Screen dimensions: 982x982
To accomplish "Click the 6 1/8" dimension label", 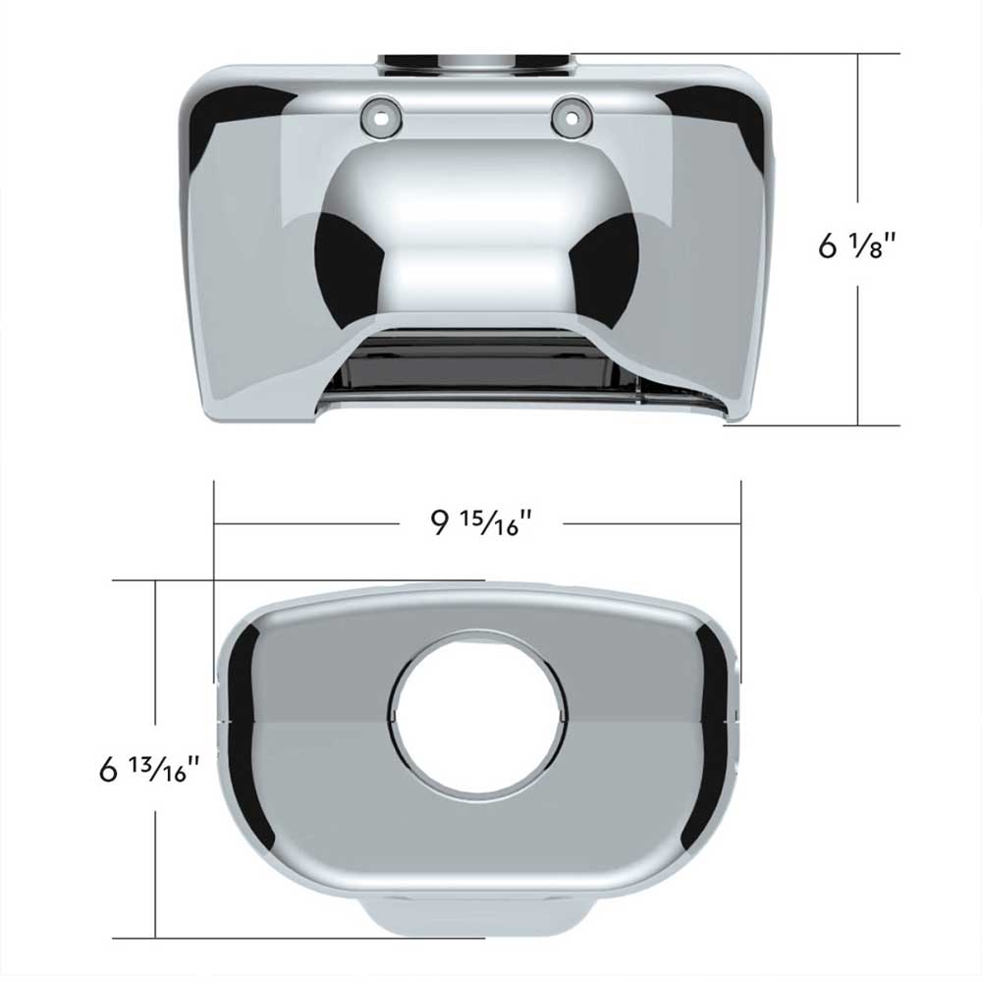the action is (858, 245).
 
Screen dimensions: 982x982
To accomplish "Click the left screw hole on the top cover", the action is (380, 117).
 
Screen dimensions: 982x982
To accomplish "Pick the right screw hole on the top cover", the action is (572, 117).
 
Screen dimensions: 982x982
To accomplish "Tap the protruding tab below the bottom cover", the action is (476, 916).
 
